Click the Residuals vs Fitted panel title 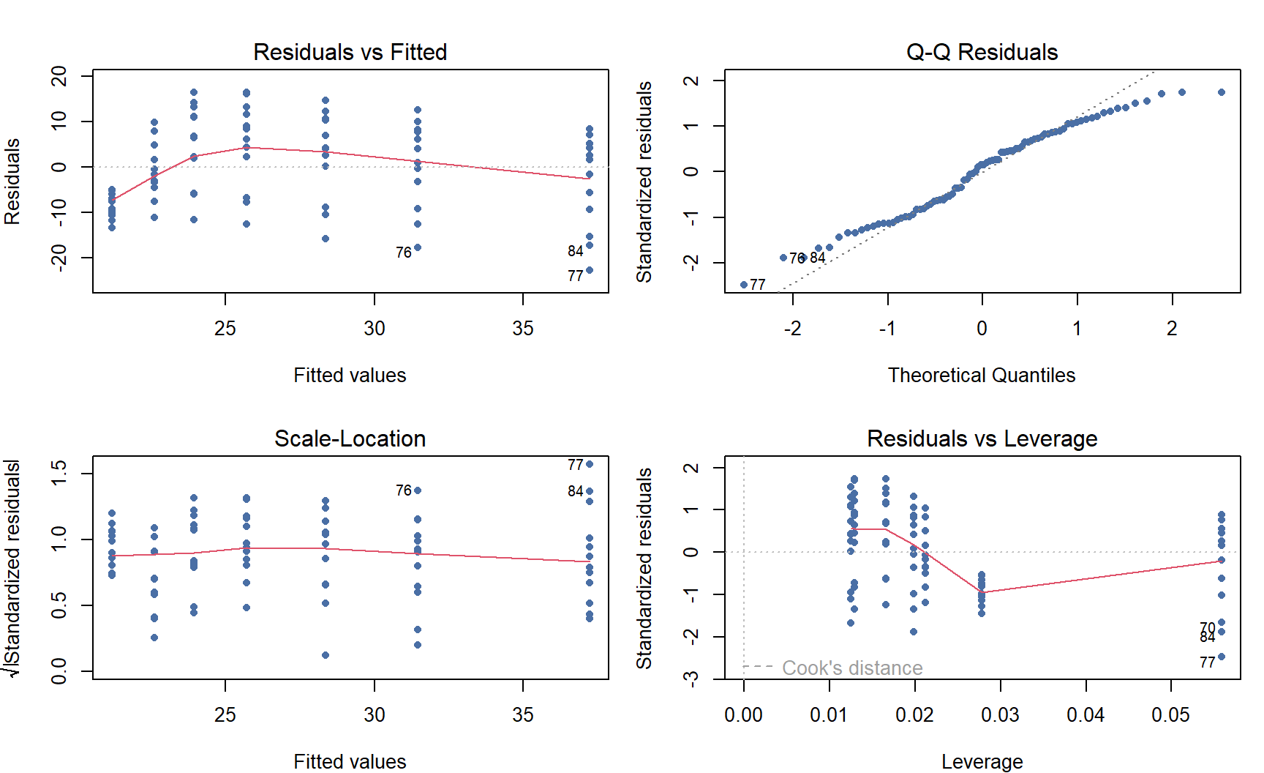pyautogui.click(x=350, y=52)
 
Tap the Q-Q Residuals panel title pyautogui.click(x=982, y=52)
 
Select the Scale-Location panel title pyautogui.click(x=350, y=438)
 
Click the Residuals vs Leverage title pyautogui.click(x=982, y=438)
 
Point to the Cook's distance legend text pyautogui.click(x=852, y=668)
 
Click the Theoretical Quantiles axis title pyautogui.click(x=982, y=375)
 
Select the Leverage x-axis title pyautogui.click(x=982, y=761)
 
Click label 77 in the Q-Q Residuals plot pyautogui.click(x=758, y=285)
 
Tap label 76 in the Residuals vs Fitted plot pyautogui.click(x=404, y=253)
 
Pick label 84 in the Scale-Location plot pyautogui.click(x=576, y=491)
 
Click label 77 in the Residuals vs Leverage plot pyautogui.click(x=1208, y=662)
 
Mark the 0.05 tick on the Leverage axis pyautogui.click(x=1170, y=714)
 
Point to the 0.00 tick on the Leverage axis pyautogui.click(x=743, y=714)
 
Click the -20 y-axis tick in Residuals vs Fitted pyautogui.click(x=59, y=258)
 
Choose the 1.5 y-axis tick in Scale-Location pyautogui.click(x=59, y=473)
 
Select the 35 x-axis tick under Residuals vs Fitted pyautogui.click(x=523, y=328)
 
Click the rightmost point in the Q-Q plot pyautogui.click(x=1222, y=92)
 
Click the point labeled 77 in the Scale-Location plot pyautogui.click(x=590, y=464)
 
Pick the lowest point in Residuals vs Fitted pyautogui.click(x=590, y=270)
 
